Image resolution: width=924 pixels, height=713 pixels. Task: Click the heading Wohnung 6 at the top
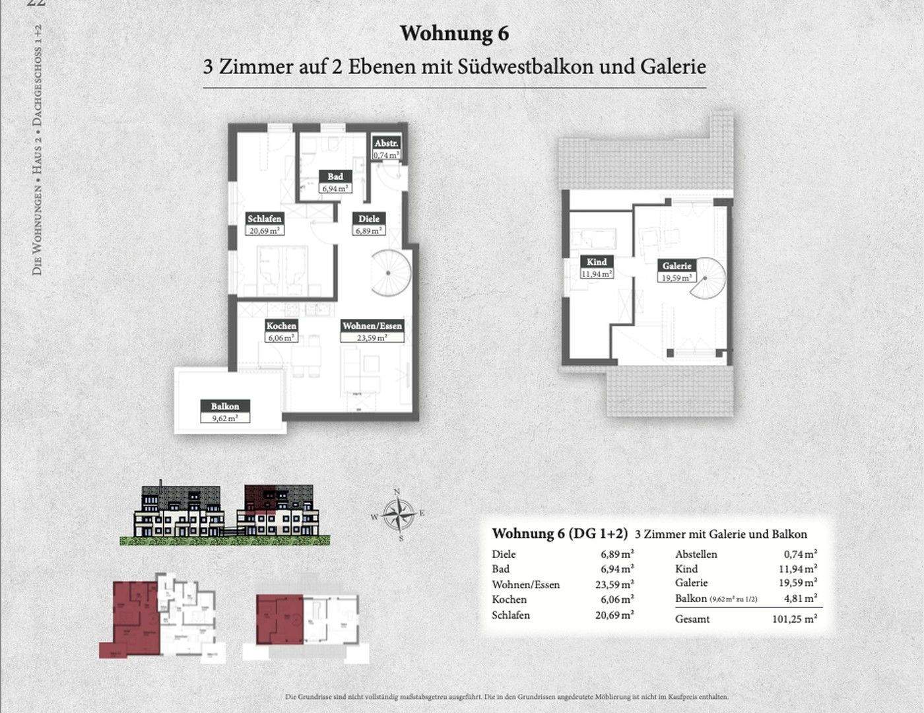454,34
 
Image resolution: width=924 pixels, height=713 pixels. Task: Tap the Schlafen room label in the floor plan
265,219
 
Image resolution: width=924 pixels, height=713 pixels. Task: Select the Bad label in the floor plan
335,177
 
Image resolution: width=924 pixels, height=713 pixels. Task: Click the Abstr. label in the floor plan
386,144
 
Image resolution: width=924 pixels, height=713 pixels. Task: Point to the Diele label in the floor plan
369,219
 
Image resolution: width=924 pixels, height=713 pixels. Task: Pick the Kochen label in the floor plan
281,326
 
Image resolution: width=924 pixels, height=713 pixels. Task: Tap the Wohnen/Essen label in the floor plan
372,326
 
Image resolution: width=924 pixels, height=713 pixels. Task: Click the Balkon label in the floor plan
225,407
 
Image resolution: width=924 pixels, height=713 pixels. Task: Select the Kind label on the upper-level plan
597,262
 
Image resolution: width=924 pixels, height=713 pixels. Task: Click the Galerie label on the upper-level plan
677,266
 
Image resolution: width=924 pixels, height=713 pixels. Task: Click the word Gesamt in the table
692,619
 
